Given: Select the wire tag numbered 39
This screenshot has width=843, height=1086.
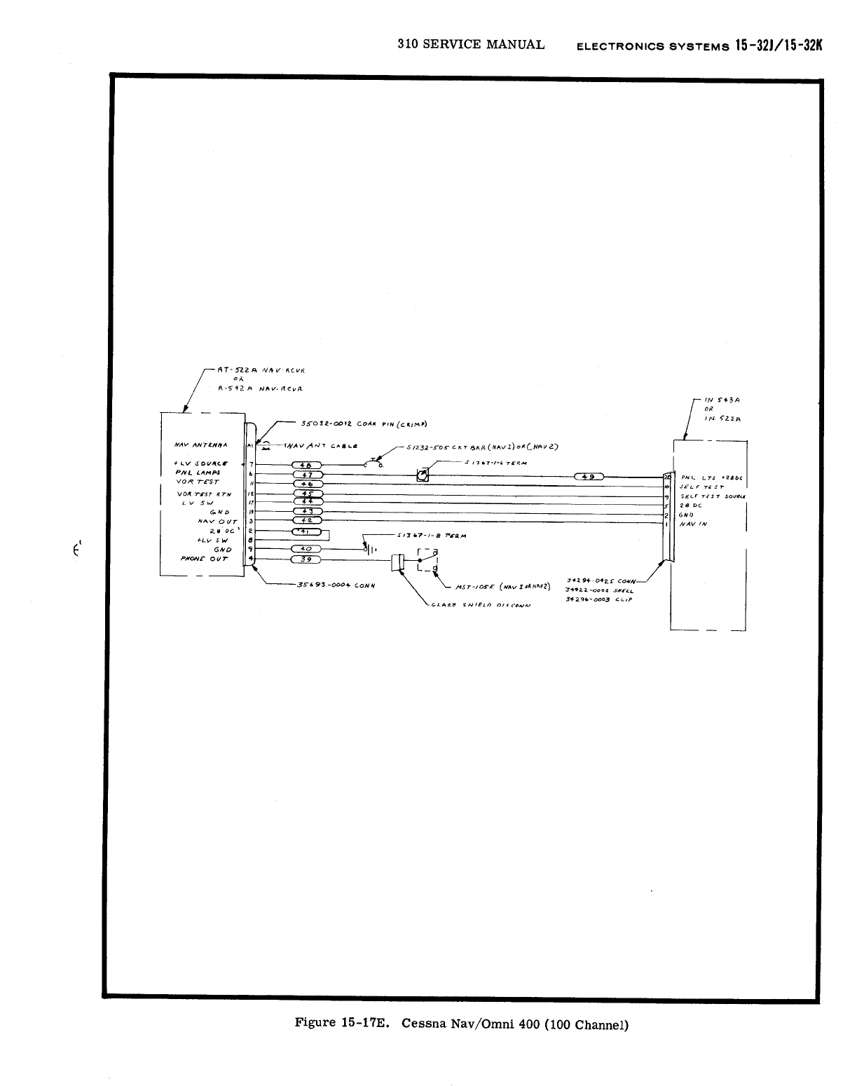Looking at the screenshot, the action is pos(306,559).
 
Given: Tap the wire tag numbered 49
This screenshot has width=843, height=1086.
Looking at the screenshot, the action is pos(590,477).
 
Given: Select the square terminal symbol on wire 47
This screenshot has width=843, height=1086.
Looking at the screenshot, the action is pos(422,477).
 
